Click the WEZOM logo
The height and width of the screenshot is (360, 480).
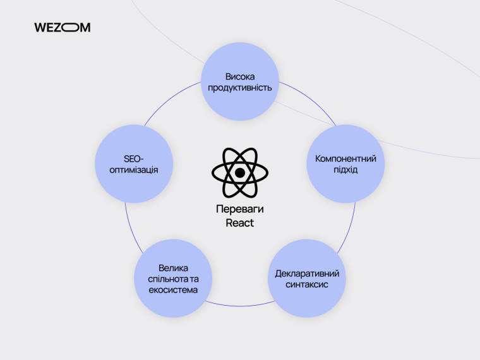click(x=62, y=28)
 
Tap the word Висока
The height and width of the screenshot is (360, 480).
click(x=240, y=76)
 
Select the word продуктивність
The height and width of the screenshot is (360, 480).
click(x=240, y=88)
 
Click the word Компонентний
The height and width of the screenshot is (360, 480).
click(x=345, y=159)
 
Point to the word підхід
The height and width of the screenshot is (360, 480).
click(x=345, y=171)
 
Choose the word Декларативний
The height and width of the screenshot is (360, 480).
click(x=308, y=273)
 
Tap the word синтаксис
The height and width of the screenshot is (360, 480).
click(x=308, y=285)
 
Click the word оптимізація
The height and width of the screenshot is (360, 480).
click(x=134, y=171)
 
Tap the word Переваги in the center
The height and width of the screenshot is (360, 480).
click(x=240, y=211)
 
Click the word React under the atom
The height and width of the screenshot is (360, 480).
click(x=240, y=223)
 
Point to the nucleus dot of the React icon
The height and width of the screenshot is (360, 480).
click(x=240, y=172)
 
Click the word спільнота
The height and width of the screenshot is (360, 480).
click(x=165, y=279)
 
